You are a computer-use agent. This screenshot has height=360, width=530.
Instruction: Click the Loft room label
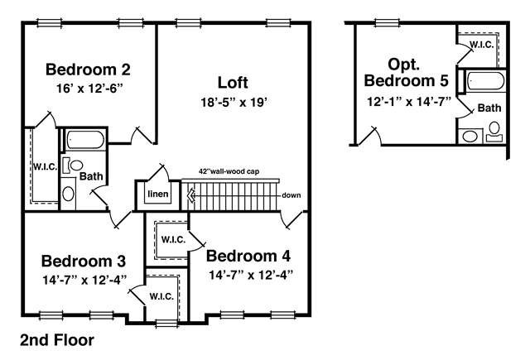tap(233, 83)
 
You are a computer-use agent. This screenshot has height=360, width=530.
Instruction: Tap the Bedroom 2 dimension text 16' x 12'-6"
tap(89, 89)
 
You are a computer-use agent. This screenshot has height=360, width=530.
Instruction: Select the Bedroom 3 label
tap(84, 261)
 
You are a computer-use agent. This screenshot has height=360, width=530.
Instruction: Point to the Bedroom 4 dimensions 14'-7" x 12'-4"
tap(250, 276)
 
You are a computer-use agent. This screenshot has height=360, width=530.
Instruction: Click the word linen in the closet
tap(158, 194)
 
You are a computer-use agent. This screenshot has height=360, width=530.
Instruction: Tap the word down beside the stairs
tap(291, 195)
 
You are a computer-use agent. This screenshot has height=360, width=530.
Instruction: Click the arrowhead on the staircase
tap(191, 195)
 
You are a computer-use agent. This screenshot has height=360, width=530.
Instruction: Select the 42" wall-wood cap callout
tap(229, 171)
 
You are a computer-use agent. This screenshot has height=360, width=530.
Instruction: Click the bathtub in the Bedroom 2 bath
tap(84, 140)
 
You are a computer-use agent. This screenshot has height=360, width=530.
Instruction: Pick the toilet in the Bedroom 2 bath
tap(74, 166)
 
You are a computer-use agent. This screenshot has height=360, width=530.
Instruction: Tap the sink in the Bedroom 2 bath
tap(68, 194)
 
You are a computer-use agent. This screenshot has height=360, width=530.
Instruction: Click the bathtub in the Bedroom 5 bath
tap(486, 81)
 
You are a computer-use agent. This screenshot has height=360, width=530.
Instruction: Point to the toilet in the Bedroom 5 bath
tap(494, 132)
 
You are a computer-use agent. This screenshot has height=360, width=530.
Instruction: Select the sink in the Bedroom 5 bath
tap(470, 137)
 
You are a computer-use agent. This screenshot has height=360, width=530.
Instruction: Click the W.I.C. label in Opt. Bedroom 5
tap(482, 45)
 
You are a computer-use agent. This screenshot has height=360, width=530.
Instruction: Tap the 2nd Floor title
tap(57, 340)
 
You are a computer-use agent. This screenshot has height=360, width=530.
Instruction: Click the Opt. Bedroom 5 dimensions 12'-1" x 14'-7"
tap(409, 101)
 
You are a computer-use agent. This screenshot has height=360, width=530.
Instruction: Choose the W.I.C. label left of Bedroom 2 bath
tap(45, 167)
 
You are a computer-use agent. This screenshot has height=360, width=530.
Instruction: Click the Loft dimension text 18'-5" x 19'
tap(234, 102)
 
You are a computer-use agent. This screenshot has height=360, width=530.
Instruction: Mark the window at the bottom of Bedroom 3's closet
tap(166, 324)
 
